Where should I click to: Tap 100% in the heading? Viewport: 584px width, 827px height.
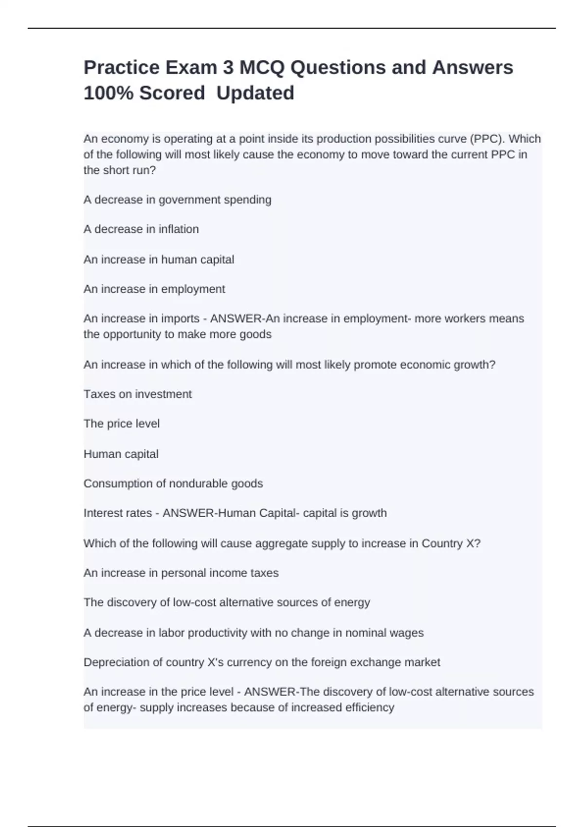(x=108, y=93)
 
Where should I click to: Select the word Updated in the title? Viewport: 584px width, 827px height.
(x=255, y=93)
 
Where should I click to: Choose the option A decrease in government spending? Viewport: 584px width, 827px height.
(x=177, y=200)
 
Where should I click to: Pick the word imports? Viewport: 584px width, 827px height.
(x=181, y=319)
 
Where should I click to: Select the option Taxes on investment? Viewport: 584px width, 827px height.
(x=138, y=394)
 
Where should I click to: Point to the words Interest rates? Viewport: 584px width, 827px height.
(x=118, y=513)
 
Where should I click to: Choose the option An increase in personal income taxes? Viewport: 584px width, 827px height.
(x=181, y=573)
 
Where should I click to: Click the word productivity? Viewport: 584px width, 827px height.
(x=217, y=633)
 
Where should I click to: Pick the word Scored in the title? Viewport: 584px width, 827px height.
(x=172, y=93)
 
